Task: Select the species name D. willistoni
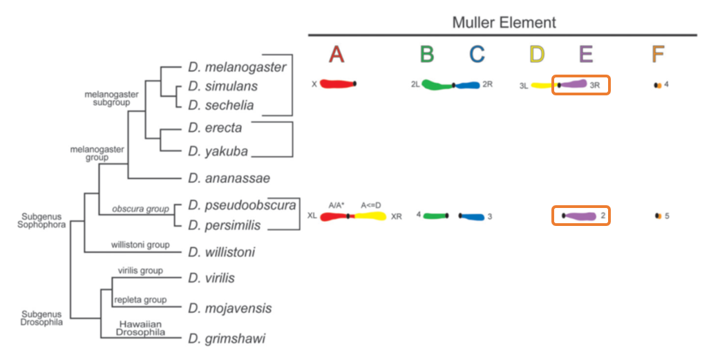click(220, 252)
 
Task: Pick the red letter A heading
click(336, 54)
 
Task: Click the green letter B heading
click(427, 54)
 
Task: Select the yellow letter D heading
click(536, 54)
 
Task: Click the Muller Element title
click(504, 22)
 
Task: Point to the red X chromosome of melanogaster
click(337, 84)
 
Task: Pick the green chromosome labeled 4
click(436, 216)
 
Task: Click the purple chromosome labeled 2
click(580, 216)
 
